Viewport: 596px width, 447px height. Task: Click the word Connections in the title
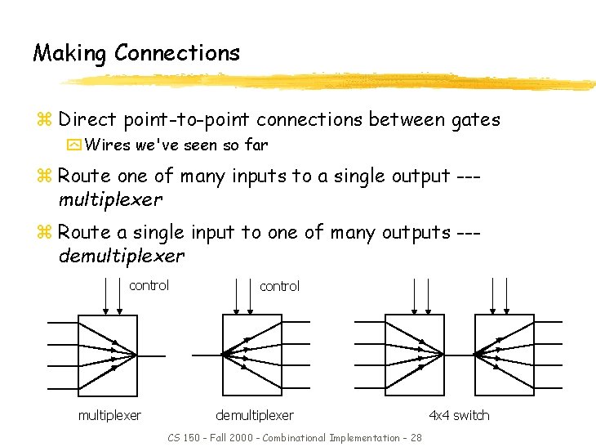177,53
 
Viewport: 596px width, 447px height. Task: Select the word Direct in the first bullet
88,120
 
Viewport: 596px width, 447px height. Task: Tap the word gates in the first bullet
476,121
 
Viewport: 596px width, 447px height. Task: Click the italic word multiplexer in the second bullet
110,199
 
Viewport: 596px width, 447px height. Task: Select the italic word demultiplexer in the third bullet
122,256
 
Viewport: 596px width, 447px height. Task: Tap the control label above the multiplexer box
149,285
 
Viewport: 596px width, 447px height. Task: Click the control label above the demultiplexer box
279,286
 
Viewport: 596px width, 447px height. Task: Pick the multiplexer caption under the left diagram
109,415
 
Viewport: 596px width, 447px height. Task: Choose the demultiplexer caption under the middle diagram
254,415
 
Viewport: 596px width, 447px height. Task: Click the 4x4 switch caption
459,415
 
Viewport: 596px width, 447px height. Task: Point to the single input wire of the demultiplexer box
206,355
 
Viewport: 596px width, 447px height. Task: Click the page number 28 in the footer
416,438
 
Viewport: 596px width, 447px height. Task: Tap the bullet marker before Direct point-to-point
47,121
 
